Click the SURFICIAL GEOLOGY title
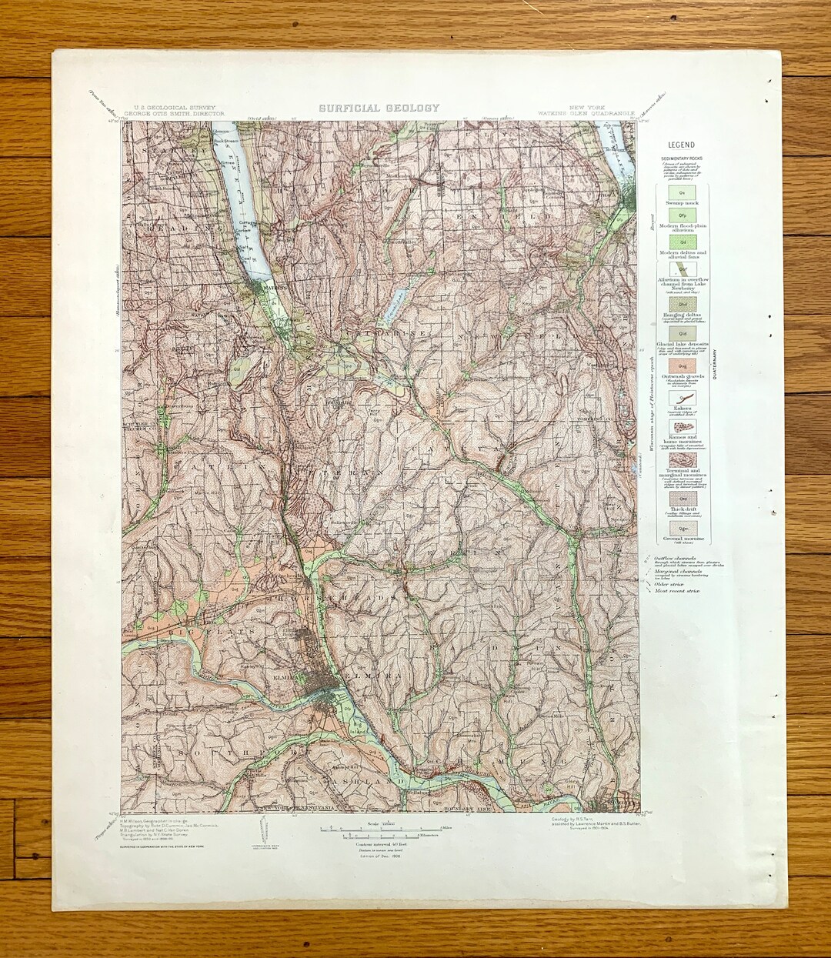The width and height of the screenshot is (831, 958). point(379,108)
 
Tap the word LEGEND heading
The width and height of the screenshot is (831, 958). point(680,145)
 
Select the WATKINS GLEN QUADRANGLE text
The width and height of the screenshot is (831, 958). point(586,113)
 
